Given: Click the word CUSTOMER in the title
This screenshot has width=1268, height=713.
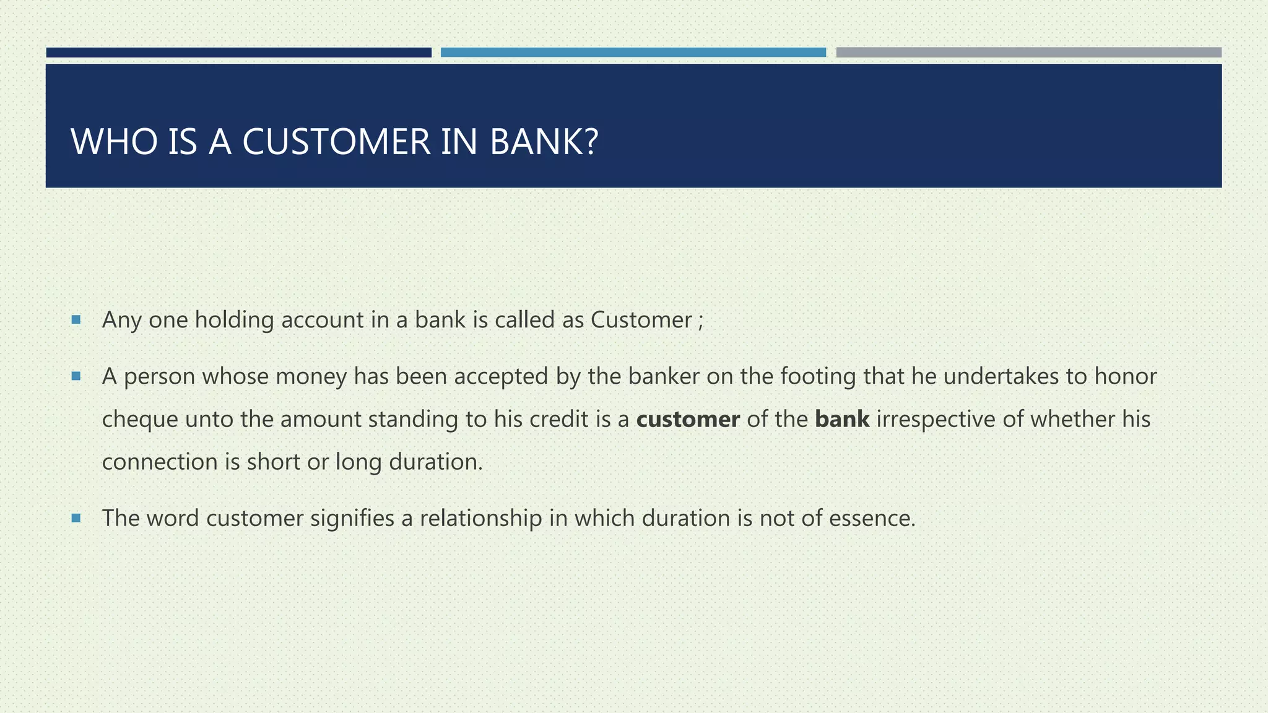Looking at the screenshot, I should (336, 142).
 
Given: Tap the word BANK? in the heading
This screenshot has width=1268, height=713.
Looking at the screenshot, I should (544, 142).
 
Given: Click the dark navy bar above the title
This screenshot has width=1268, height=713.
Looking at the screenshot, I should (238, 53).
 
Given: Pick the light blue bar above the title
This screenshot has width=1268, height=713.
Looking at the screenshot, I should (633, 53).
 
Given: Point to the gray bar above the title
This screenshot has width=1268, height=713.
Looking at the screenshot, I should (1028, 53).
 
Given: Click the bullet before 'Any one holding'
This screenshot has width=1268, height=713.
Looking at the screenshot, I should (76, 320).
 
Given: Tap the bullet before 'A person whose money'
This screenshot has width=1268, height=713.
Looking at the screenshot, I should (76, 376).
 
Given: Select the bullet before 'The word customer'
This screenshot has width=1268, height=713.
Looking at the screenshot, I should (76, 518).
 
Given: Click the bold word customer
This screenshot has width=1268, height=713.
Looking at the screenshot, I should (688, 420).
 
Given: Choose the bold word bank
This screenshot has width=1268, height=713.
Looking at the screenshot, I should (842, 420).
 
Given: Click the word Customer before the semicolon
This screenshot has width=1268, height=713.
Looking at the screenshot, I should (641, 320).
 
